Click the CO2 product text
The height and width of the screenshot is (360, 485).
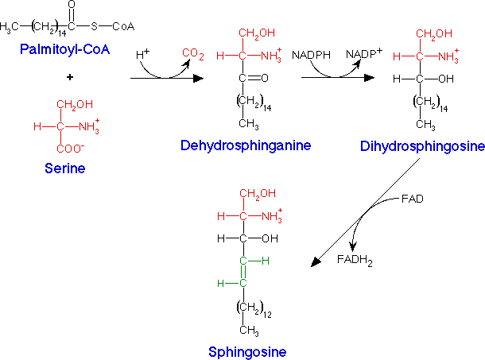(193, 53)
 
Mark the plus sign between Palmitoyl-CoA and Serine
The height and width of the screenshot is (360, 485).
(69, 77)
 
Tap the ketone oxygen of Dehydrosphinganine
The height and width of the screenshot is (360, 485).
(263, 78)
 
